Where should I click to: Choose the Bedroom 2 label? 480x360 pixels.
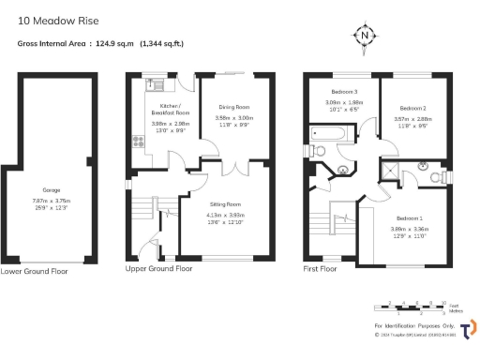413,108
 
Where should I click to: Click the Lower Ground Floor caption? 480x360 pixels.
36,271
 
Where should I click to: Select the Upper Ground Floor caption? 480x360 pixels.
159,268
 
